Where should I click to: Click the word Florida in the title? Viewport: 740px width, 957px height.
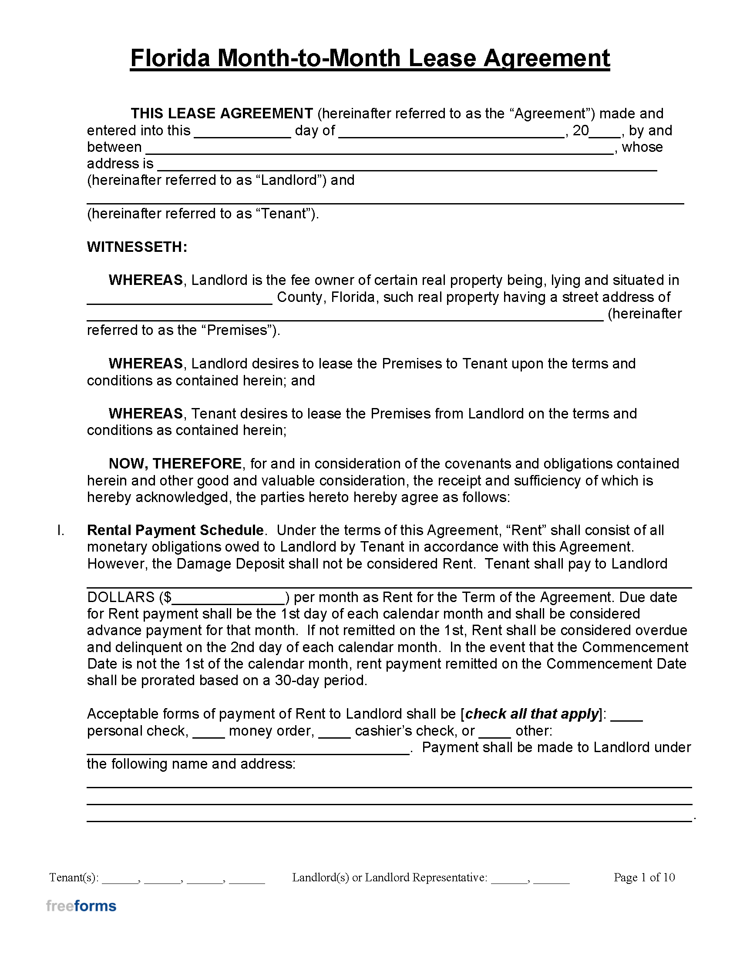tap(170, 58)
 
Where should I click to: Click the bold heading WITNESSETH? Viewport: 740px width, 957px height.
tap(137, 247)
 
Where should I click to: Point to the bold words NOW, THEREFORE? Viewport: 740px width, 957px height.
tap(175, 464)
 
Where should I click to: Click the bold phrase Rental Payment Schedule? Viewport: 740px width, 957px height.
tap(175, 530)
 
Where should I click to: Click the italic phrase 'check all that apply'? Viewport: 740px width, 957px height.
tap(532, 714)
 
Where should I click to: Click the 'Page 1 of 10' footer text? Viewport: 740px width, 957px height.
tap(644, 877)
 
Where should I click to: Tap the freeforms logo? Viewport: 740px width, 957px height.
tap(81, 906)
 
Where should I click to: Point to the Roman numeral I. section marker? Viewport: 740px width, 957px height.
tap(61, 530)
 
